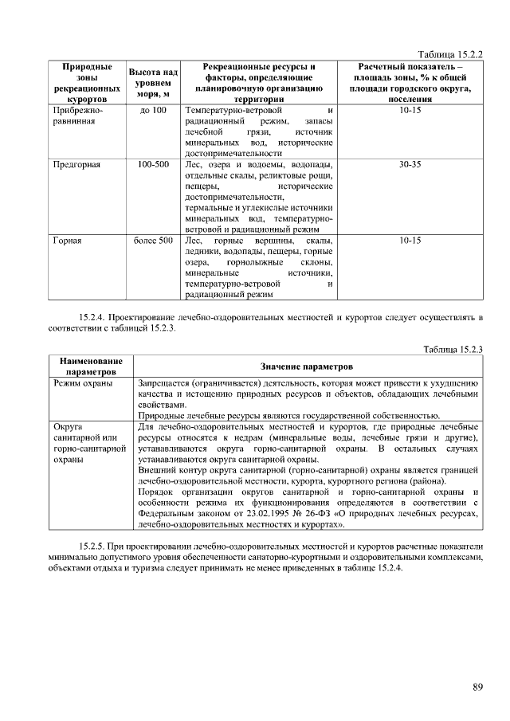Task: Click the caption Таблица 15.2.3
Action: tap(456, 349)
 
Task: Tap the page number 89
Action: tap(477, 688)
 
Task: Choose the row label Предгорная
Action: tap(76, 165)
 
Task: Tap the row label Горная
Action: tap(68, 240)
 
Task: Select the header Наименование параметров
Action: tap(88, 366)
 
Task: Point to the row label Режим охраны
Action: tap(83, 383)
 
